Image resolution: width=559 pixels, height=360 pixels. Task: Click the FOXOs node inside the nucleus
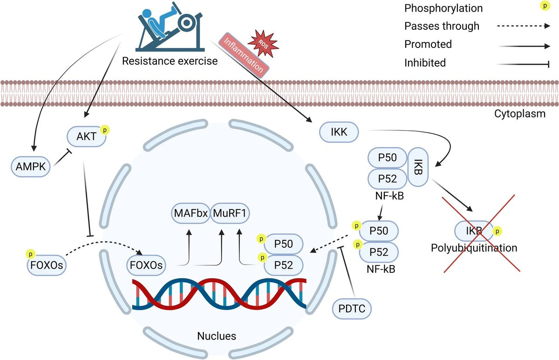point(146,266)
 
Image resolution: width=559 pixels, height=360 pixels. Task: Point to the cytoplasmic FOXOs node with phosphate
point(45,266)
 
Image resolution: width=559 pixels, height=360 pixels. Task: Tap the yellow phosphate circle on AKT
point(106,130)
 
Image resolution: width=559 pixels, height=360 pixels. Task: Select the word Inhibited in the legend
point(424,62)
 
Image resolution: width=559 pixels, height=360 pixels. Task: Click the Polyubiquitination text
point(474,247)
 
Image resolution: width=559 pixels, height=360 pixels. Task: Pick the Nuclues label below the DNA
point(217,336)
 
